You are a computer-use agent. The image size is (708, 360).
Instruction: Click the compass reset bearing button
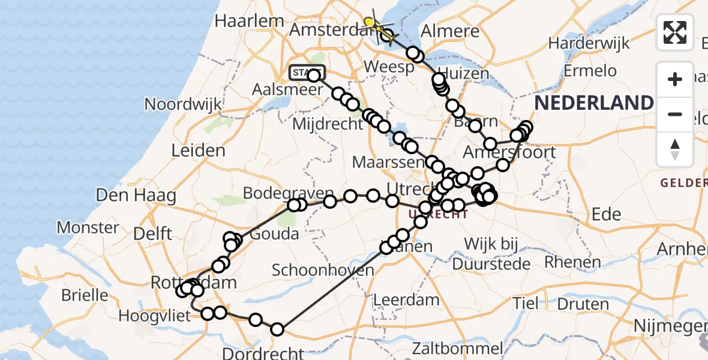click(675, 149)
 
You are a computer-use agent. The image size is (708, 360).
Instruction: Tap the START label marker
click(307, 73)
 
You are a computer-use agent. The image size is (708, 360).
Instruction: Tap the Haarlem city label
click(249, 20)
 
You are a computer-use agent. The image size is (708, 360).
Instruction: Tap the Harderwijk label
click(589, 43)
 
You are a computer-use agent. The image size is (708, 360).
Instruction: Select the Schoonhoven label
click(323, 270)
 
